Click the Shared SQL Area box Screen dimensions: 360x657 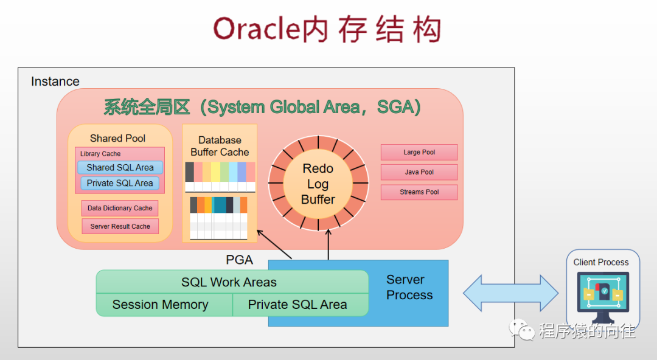(120, 167)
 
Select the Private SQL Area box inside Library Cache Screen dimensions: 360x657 (120, 183)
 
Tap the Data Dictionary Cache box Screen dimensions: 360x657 (120, 208)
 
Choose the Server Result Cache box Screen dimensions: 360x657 (120, 226)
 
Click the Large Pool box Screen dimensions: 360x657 (419, 152)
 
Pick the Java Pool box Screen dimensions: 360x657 (419, 172)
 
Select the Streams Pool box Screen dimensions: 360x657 (419, 192)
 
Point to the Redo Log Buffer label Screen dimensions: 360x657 (318, 184)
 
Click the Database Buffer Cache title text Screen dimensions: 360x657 (220, 146)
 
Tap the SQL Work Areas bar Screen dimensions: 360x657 (229, 282)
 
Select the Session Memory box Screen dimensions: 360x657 (161, 305)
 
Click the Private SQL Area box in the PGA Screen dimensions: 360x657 (297, 305)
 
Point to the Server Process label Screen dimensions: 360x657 (409, 287)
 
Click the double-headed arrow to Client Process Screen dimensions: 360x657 (510, 293)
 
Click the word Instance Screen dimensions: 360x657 (55, 81)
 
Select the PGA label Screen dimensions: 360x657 (239, 260)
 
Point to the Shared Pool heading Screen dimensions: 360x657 (117, 138)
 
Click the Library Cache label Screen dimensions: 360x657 (100, 154)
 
